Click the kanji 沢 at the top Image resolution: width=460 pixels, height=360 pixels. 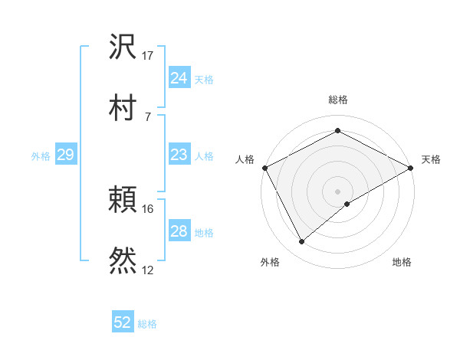click(123, 47)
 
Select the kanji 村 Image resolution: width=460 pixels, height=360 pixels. click(123, 106)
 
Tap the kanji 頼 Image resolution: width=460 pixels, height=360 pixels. click(123, 201)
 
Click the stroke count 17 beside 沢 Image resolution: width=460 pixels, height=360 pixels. click(148, 56)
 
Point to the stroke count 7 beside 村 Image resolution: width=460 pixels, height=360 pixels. click(148, 116)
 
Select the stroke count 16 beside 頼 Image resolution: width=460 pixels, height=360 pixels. click(148, 209)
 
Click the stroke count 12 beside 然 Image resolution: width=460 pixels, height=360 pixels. click(148, 270)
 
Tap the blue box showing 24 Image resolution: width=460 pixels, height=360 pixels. click(179, 78)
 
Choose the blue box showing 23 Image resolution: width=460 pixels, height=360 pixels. click(179, 155)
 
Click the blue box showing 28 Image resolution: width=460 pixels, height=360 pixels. click(179, 231)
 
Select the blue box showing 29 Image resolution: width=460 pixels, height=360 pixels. click(65, 155)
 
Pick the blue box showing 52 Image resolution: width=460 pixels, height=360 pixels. click(123, 322)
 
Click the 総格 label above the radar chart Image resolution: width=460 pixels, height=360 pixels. click(338, 100)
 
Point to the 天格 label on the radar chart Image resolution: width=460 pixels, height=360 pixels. click(431, 159)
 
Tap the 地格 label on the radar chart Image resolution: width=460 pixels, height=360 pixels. click(402, 263)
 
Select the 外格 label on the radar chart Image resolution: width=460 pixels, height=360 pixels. click(270, 263)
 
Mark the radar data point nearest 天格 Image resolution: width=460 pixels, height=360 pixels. click(412, 168)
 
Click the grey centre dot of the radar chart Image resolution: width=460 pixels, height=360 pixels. click(337, 191)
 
